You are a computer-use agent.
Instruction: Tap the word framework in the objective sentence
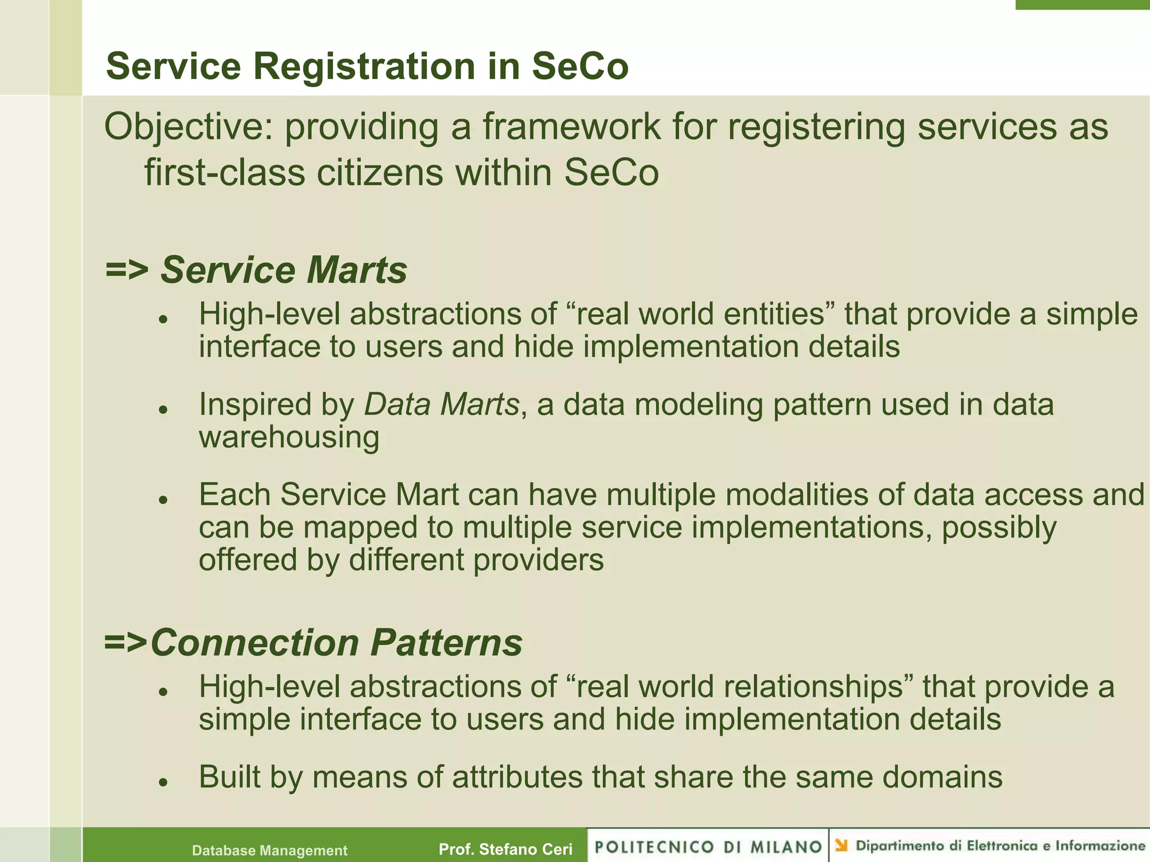(x=571, y=127)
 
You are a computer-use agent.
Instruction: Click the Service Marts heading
(x=284, y=270)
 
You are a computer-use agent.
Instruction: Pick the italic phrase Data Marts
(x=442, y=404)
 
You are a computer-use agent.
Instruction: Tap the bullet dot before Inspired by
(x=163, y=409)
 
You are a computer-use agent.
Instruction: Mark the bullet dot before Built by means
(x=163, y=782)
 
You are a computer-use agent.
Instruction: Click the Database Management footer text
(x=270, y=850)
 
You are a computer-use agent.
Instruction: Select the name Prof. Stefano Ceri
(x=505, y=849)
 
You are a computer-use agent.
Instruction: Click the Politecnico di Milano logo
(x=708, y=846)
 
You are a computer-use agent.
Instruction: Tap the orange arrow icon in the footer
(x=841, y=845)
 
